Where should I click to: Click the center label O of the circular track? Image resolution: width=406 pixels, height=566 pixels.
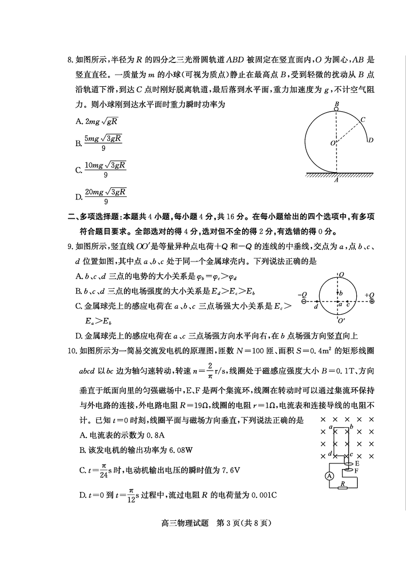click(332, 144)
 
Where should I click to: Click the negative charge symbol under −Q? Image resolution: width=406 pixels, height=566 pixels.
click(303, 301)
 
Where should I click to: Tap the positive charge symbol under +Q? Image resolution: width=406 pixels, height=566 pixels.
click(371, 301)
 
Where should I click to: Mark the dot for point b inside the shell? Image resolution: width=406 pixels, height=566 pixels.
click(338, 293)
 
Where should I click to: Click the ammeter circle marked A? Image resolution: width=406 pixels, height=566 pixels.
click(329, 476)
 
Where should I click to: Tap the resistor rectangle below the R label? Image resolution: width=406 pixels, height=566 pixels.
click(345, 488)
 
